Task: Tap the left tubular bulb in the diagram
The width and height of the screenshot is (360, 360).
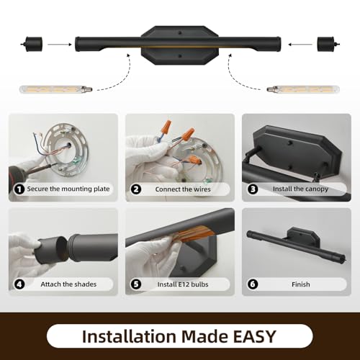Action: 56,89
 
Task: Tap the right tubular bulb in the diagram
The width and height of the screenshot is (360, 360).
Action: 303,89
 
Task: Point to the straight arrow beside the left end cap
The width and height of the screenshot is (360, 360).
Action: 60,44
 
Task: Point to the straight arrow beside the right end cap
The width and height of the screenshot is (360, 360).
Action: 300,44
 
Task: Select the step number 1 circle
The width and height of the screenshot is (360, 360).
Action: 19,189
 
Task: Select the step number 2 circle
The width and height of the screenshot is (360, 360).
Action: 136,189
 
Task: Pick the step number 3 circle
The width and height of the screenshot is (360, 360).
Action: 253,189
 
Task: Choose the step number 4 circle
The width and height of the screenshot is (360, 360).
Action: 19,284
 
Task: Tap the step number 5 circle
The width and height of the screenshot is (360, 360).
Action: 136,284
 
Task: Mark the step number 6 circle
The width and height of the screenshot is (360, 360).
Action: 253,284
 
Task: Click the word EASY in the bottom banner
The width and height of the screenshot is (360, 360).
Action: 254,336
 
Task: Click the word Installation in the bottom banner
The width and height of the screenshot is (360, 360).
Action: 129,336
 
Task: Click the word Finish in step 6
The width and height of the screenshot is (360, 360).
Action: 301,284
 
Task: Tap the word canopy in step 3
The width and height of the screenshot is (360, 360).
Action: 316,189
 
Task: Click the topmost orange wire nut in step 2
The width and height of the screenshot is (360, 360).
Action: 168,125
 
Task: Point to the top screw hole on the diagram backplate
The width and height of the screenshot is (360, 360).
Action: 179,32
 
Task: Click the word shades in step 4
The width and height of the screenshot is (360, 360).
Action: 85,284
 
